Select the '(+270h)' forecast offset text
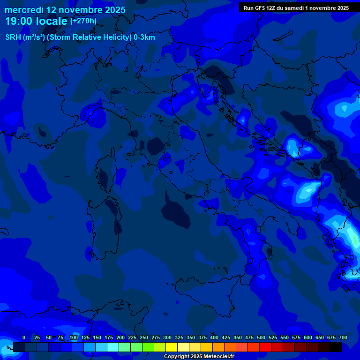click(83, 21)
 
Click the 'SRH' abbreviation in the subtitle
click(13, 37)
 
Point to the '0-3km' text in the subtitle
click(144, 37)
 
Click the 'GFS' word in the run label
click(261, 8)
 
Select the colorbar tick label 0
click(24, 337)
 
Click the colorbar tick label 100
click(74, 337)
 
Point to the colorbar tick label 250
click(144, 337)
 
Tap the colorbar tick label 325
click(179, 337)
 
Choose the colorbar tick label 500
click(261, 337)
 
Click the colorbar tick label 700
click(343, 337)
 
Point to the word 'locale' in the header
click(52, 21)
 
